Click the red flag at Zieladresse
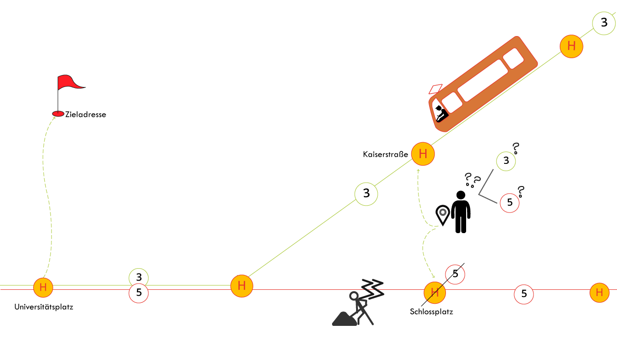69,83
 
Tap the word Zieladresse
86,114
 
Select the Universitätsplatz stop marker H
43,287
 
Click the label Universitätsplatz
44,307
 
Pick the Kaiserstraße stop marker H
423,154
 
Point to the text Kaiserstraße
385,154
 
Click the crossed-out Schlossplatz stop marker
435,293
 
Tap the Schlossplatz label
432,312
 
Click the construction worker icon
358,303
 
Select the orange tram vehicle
483,84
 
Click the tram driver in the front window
441,113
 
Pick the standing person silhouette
461,212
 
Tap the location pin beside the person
443,215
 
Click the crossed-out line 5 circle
455,274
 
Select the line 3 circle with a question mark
506,161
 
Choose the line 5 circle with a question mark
509,203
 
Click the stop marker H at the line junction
242,286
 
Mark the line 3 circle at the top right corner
604,23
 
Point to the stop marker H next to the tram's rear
571,46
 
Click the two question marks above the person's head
473,180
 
